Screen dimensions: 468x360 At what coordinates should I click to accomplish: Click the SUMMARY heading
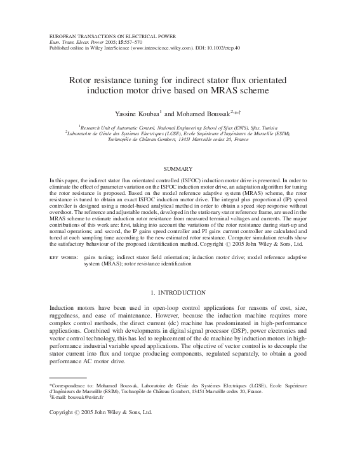pos(179,170)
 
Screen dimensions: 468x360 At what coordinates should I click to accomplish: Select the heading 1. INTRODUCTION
pos(179,292)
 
